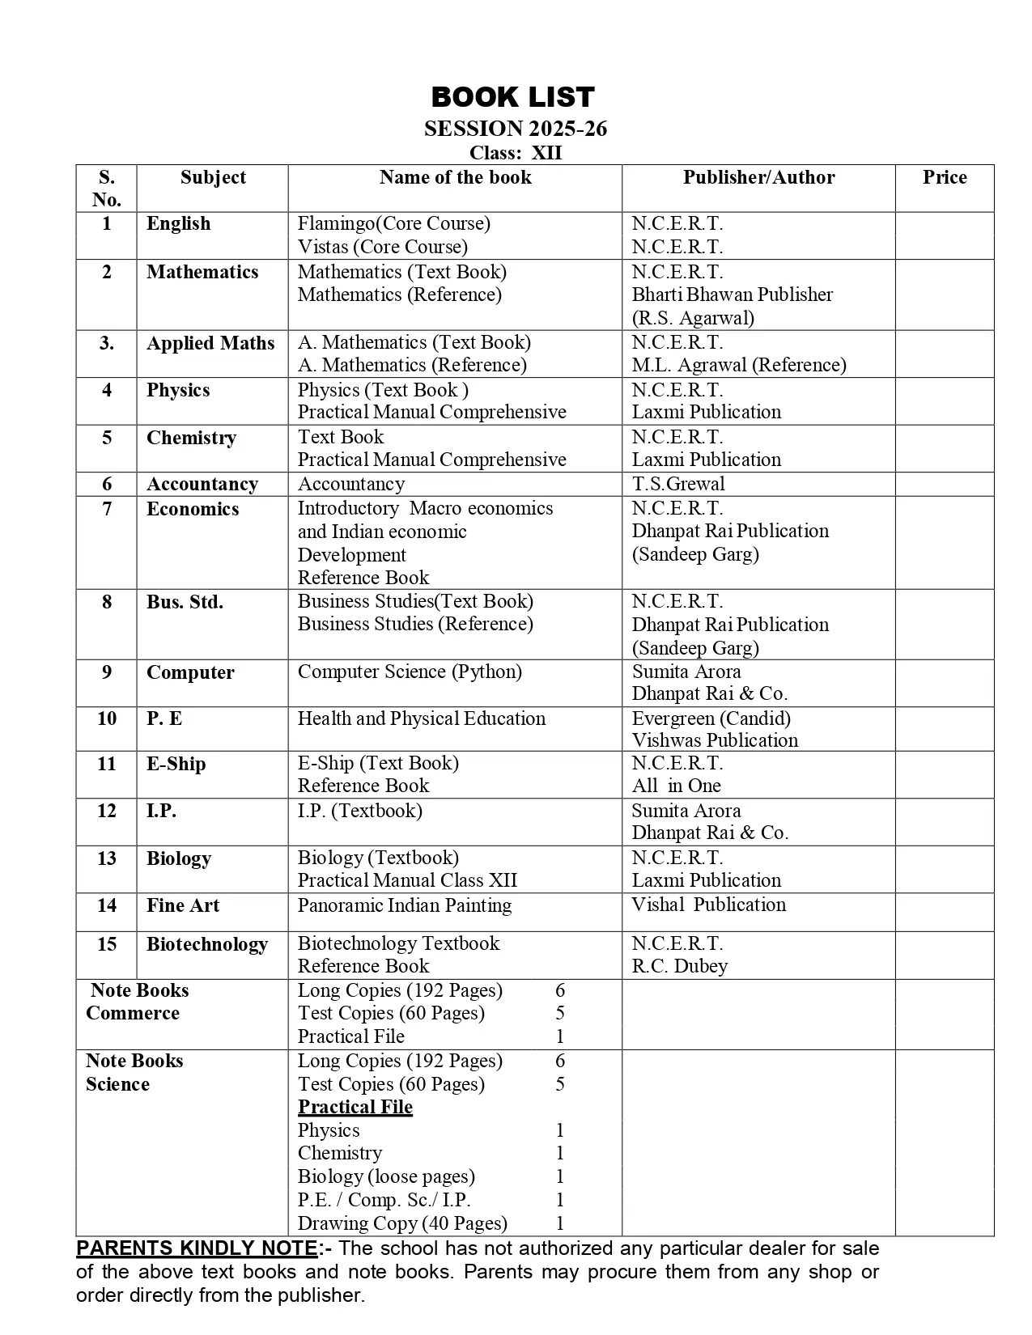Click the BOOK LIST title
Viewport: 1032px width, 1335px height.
513,97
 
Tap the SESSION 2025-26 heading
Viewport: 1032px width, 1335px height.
516,129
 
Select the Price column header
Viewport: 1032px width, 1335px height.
945,178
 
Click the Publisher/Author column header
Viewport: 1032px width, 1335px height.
758,178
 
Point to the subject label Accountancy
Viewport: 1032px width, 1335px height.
202,484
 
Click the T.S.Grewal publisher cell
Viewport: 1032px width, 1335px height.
678,484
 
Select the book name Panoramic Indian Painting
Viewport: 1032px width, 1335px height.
405,905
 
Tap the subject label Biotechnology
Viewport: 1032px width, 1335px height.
206,944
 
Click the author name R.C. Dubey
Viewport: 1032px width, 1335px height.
680,966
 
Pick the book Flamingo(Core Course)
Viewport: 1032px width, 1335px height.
394,223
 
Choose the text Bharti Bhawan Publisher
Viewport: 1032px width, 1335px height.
733,295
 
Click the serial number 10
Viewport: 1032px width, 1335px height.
107,718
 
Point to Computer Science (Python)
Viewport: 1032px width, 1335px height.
410,672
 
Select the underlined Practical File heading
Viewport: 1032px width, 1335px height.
355,1107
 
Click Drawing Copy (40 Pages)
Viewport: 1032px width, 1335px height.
402,1223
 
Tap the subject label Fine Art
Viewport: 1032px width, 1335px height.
183,905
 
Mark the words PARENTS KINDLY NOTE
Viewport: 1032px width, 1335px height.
197,1248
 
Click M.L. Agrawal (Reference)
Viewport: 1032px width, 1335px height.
739,365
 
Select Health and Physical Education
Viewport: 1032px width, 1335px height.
422,718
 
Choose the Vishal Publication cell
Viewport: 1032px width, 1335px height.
708,905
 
